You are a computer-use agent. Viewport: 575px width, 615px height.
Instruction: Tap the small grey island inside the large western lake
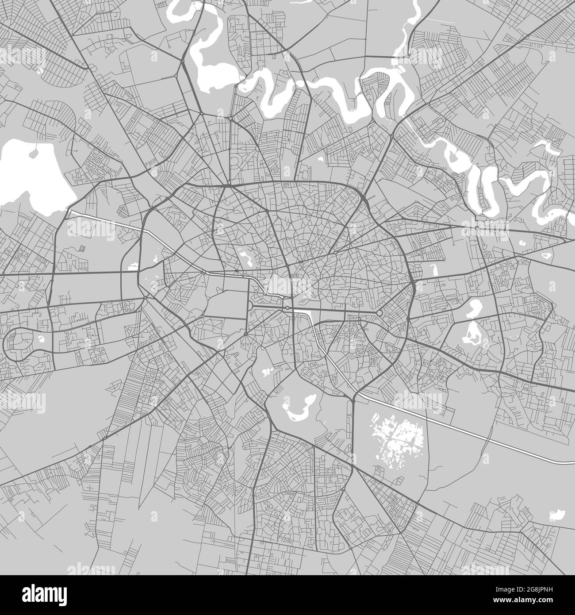point(34,153)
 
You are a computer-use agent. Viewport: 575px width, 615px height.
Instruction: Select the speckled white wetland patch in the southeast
point(398,434)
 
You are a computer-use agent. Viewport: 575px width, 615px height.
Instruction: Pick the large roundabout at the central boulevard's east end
point(379,313)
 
